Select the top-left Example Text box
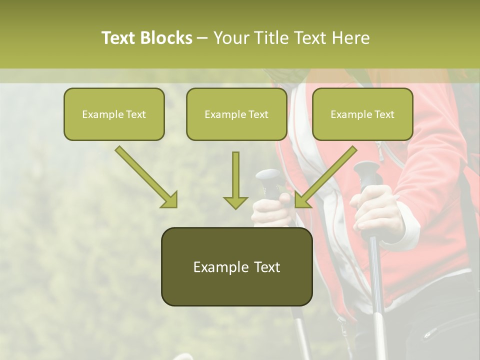(114, 114)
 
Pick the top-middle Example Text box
(236, 114)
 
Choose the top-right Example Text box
(362, 114)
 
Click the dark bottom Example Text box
(236, 267)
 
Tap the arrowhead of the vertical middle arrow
(235, 202)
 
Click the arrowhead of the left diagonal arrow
(170, 200)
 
